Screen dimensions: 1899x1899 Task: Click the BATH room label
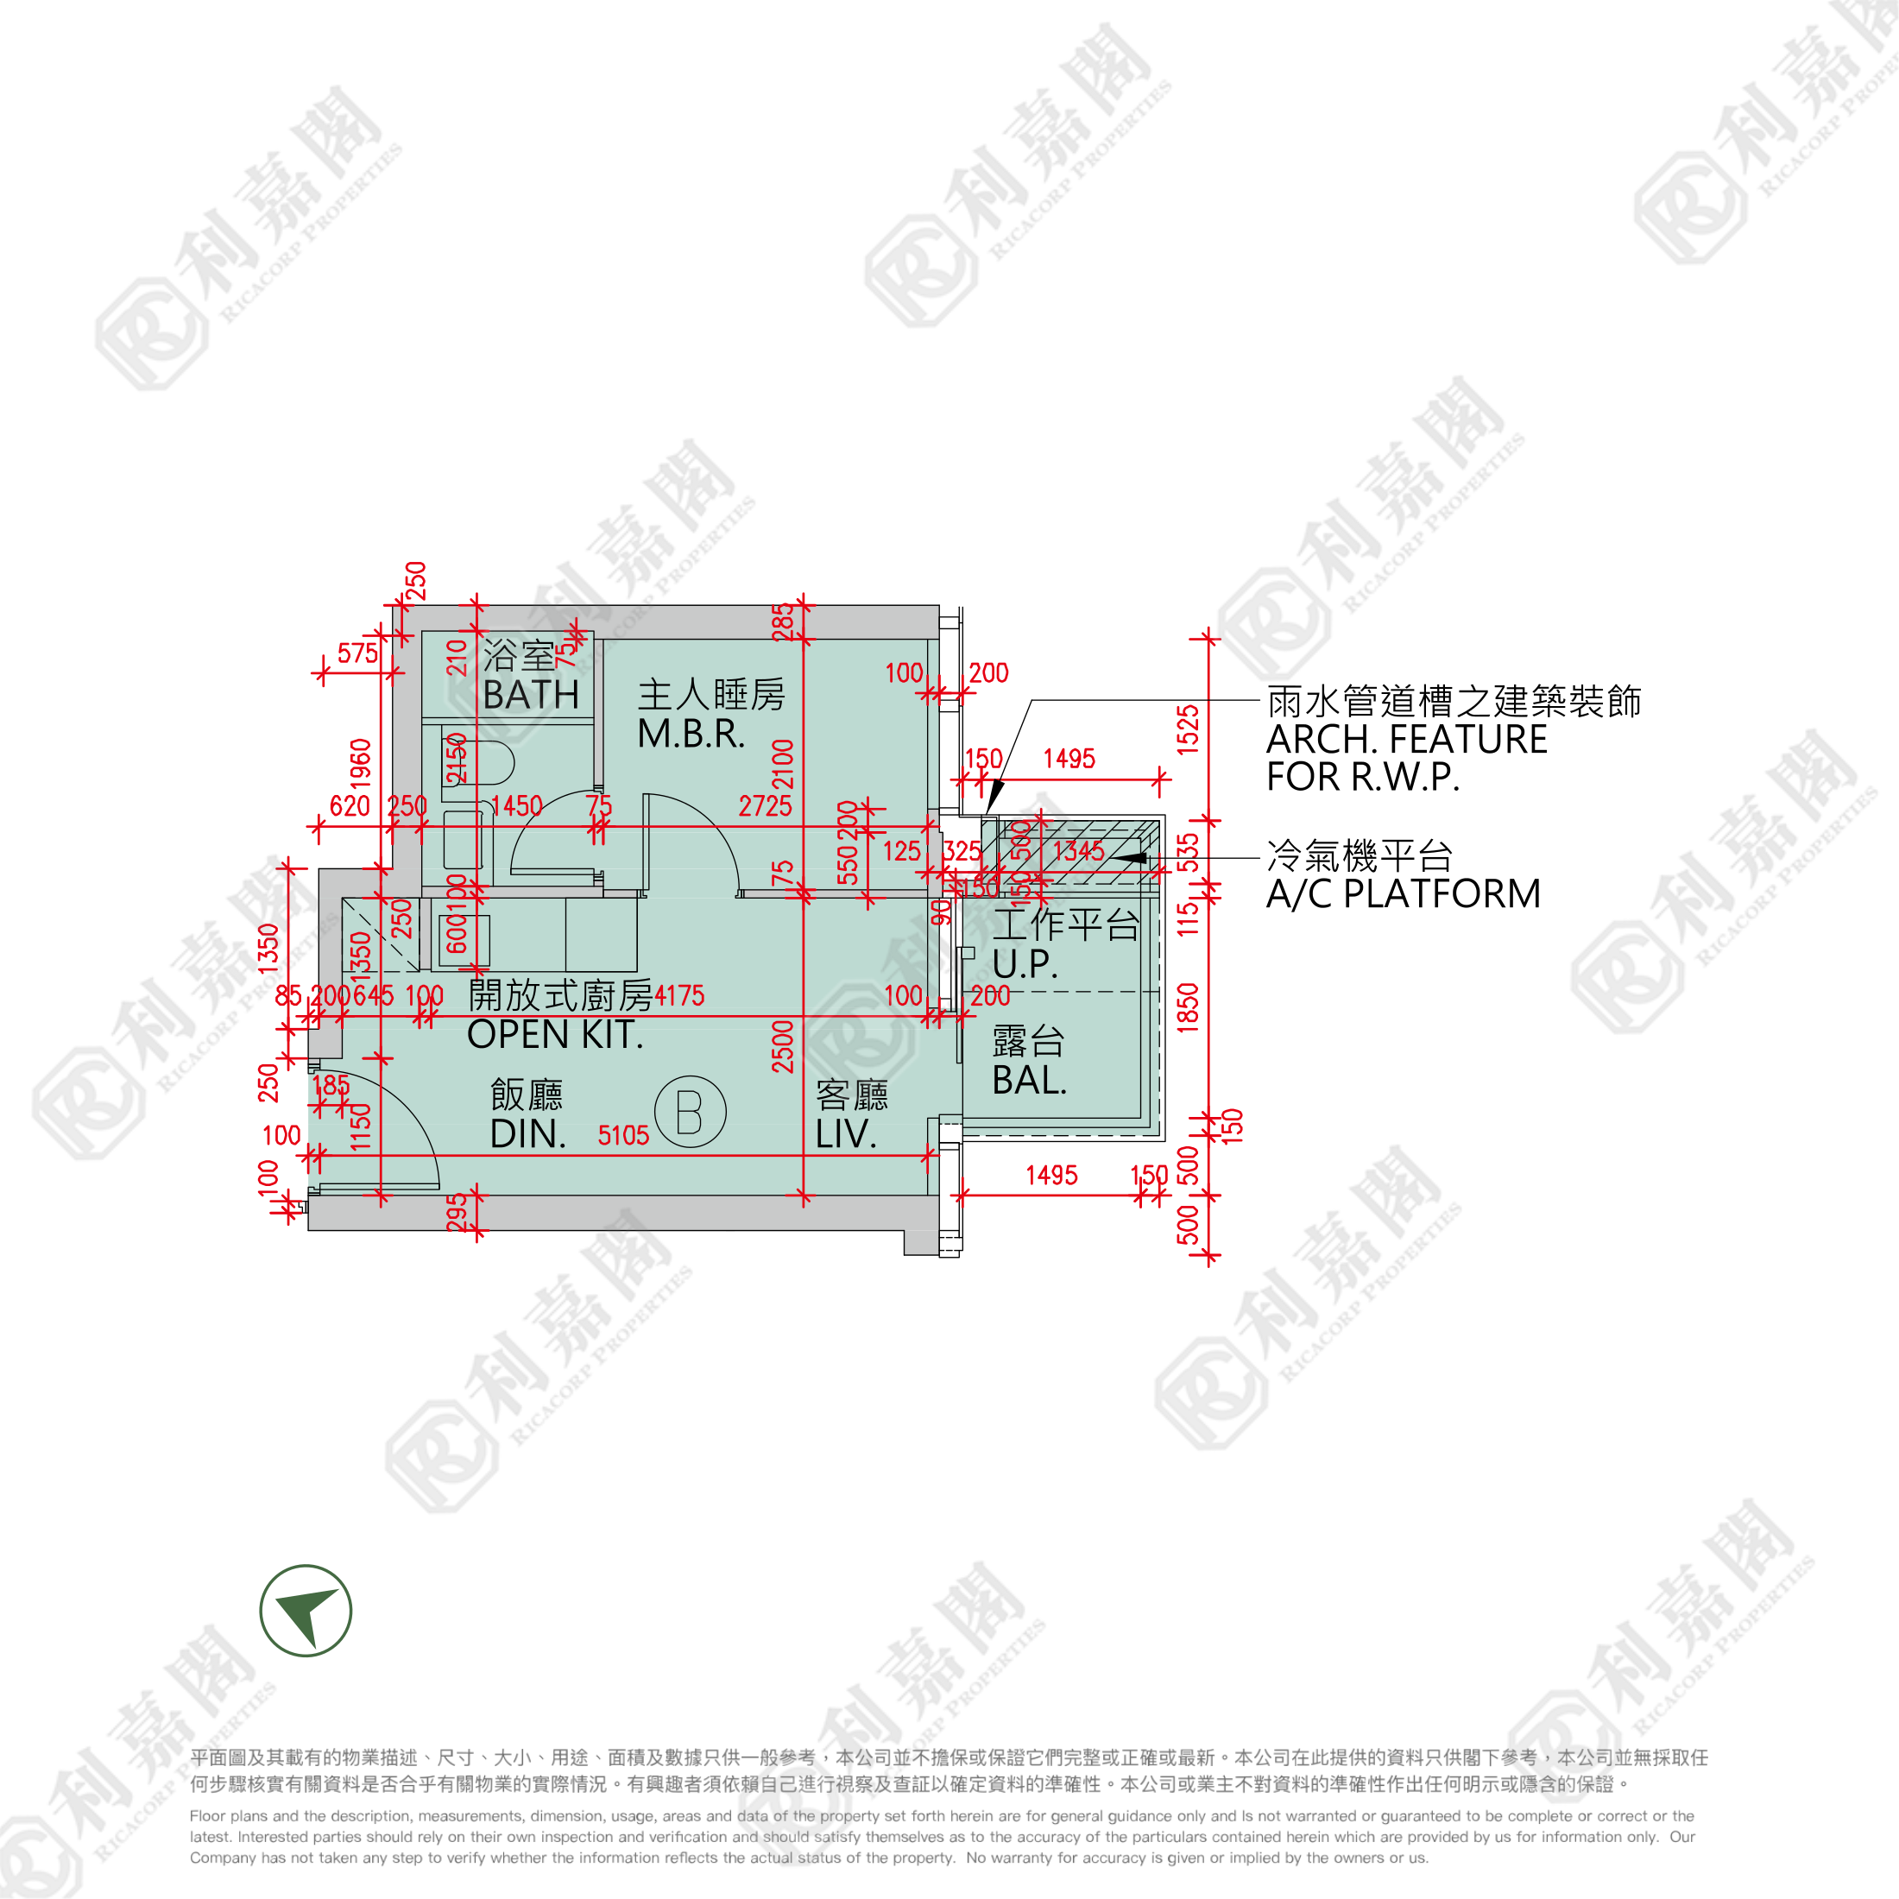(531, 695)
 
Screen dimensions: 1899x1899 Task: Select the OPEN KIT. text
(554, 1035)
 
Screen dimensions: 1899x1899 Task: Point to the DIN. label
(527, 1134)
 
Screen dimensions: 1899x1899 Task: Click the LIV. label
(845, 1134)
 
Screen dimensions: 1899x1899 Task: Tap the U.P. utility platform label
(1025, 963)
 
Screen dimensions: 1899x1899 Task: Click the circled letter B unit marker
(690, 1112)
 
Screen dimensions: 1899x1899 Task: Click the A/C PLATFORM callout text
(1403, 893)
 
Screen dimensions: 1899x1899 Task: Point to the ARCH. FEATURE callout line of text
(1407, 739)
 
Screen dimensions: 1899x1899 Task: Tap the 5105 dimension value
(623, 1136)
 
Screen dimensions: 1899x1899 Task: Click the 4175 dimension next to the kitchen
(679, 996)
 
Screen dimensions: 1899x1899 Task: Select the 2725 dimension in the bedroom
(765, 806)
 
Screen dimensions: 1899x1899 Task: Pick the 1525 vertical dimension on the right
(1189, 729)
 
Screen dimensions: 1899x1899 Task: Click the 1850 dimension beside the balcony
(1189, 1006)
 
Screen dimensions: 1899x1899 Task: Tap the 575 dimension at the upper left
(357, 653)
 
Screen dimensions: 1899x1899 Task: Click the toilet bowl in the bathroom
(490, 763)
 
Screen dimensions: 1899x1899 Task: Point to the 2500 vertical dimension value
(782, 1046)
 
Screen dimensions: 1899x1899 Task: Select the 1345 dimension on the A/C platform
(1078, 851)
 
